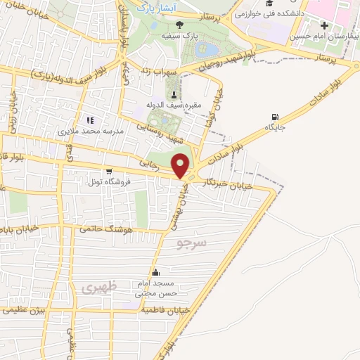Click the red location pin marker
pos(181,165)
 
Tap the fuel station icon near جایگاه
pos(274,117)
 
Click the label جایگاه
pos(275,128)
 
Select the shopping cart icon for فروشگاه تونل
pos(108,171)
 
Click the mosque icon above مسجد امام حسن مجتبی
pos(155,273)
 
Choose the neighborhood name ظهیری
pos(96,287)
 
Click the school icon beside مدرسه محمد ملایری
pos(89,120)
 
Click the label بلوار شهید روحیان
pos(221,62)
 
